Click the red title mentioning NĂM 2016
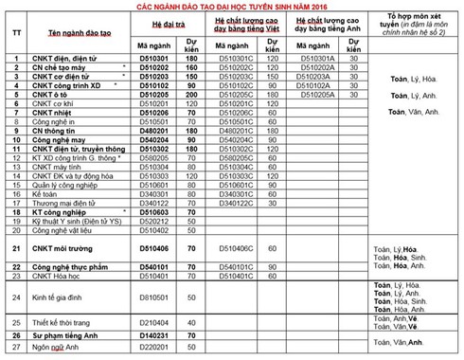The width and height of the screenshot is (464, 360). click(231, 7)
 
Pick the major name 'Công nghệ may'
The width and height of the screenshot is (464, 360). click(61, 139)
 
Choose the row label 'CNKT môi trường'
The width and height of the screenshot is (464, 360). click(66, 249)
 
